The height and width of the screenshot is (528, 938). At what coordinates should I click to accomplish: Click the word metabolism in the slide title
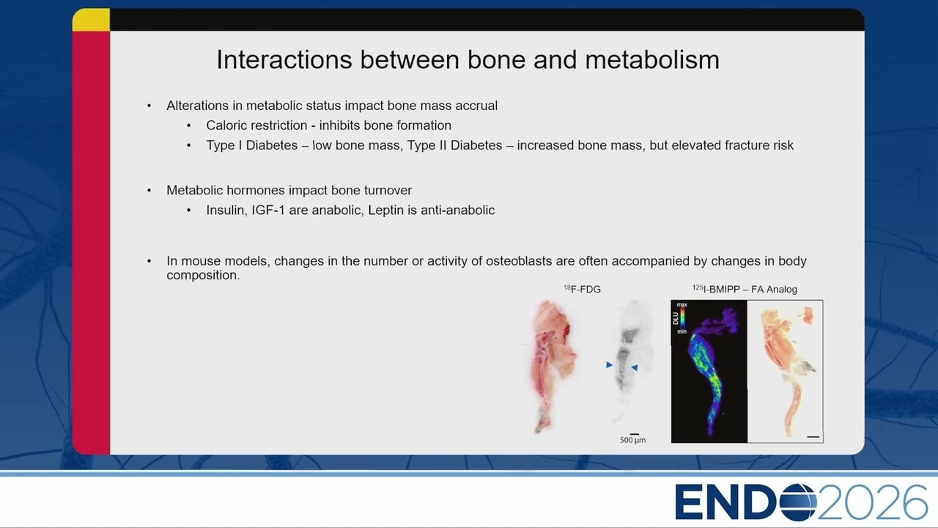[652, 59]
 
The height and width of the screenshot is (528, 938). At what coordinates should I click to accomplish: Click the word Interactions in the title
[284, 59]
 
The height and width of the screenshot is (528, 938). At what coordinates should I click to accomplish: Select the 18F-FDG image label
[582, 289]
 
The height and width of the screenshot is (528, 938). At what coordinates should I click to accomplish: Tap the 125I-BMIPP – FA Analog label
[745, 289]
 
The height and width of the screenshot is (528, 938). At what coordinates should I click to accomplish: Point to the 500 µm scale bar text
[632, 440]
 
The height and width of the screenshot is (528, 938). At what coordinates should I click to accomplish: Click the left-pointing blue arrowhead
[635, 367]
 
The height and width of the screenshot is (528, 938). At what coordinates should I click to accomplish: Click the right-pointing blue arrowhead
[610, 365]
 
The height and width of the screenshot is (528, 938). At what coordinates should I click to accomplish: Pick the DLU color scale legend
[680, 318]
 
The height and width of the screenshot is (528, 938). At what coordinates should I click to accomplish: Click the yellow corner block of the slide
[92, 20]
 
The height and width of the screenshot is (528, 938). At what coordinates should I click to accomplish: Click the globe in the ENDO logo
[798, 502]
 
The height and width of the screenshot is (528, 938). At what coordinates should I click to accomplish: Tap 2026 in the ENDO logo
[872, 502]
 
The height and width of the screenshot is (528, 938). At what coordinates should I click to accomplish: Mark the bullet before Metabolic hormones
[149, 191]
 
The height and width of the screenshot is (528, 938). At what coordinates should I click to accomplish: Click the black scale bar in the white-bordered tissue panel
[813, 436]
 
